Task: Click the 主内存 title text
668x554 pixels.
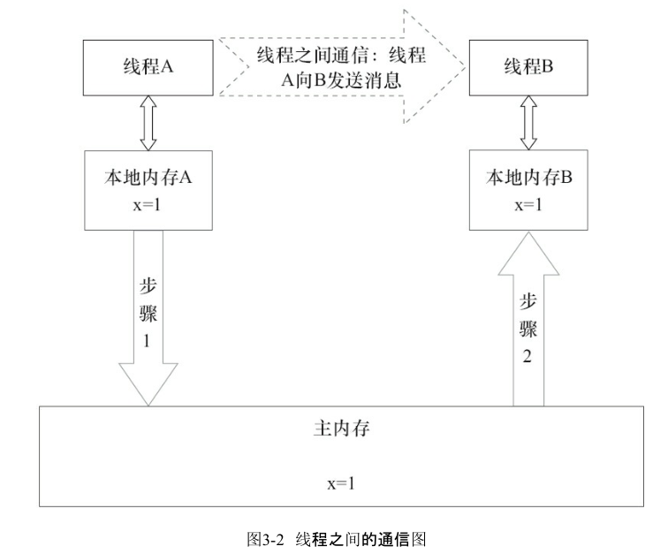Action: [x=341, y=431]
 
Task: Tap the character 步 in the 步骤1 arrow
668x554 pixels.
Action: [x=150, y=285]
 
